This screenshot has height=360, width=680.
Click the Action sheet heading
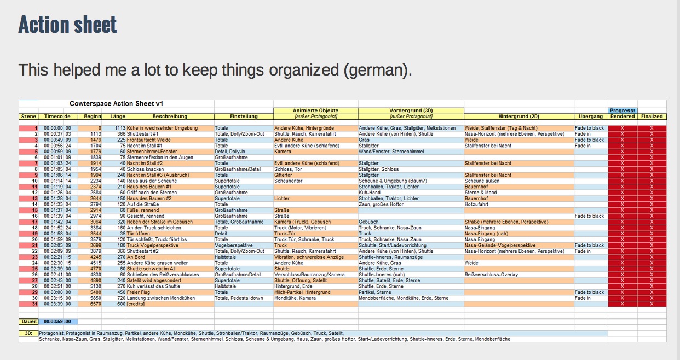click(67, 25)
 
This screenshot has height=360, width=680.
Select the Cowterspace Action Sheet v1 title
click(116, 103)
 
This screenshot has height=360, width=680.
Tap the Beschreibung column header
click(170, 117)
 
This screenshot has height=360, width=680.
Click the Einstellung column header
click(244, 117)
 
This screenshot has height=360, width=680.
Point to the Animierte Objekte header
click(315, 110)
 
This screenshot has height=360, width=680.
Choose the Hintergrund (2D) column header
click(518, 117)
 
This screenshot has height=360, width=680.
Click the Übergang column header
click(591, 117)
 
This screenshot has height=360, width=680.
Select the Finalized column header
click(652, 117)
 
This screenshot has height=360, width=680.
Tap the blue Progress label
click(623, 111)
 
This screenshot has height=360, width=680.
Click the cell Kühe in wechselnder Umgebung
click(162, 128)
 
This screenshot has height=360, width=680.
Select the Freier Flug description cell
click(140, 292)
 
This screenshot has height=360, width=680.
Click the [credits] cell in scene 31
click(137, 304)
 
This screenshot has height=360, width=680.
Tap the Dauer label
click(29, 321)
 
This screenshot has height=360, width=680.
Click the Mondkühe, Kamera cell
click(295, 298)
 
